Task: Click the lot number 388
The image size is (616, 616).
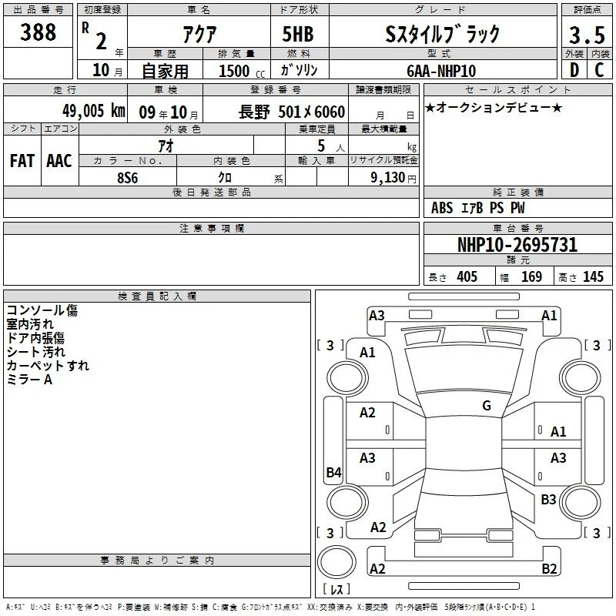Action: [38, 32]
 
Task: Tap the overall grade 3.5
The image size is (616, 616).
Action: [587, 35]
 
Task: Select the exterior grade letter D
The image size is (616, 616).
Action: [574, 70]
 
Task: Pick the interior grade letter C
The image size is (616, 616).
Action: [599, 70]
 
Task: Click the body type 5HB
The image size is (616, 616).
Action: [298, 34]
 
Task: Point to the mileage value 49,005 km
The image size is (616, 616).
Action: [94, 111]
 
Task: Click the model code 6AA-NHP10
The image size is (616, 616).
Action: [441, 71]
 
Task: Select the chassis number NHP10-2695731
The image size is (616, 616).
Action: [517, 245]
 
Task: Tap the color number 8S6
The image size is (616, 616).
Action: [128, 178]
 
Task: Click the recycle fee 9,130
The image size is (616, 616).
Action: [388, 178]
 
